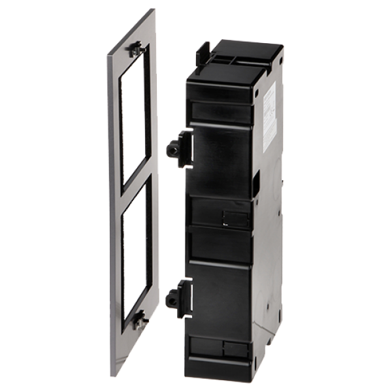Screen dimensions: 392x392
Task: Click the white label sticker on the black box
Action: click(x=269, y=118)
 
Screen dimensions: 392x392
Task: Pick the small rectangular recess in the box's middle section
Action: click(x=232, y=216)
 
